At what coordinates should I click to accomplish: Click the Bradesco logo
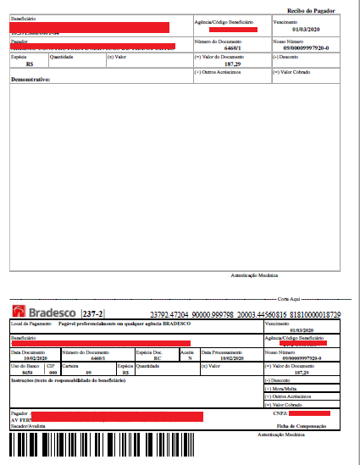click(42, 313)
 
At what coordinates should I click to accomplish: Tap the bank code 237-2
click(93, 314)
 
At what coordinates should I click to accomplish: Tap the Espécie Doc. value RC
click(158, 357)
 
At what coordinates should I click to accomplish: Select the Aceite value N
click(191, 357)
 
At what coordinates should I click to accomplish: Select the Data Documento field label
click(27, 351)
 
